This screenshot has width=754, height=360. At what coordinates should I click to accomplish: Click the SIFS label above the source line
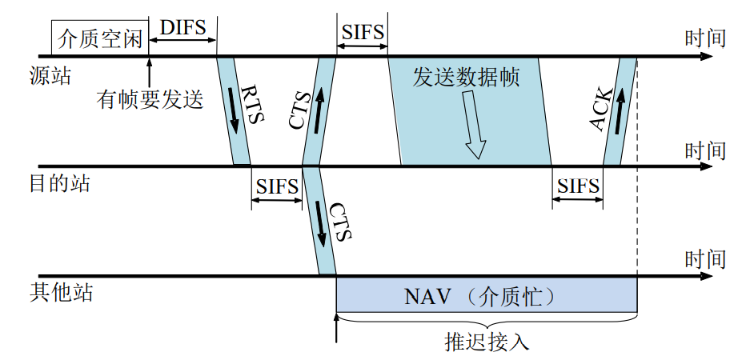[x=363, y=33]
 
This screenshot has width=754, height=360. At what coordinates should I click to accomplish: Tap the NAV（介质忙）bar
[x=486, y=297]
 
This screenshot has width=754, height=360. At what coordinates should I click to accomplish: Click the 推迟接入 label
[x=487, y=342]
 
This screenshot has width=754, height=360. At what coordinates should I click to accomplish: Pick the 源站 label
[x=50, y=76]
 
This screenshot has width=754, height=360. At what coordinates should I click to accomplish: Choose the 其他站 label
[x=61, y=292]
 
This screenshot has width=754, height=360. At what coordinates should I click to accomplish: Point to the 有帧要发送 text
[x=150, y=99]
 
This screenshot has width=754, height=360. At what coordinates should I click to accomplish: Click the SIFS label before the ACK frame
[x=577, y=186]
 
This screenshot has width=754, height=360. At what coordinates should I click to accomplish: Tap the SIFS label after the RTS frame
[x=277, y=186]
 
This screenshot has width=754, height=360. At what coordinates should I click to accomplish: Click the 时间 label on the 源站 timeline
[x=705, y=38]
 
